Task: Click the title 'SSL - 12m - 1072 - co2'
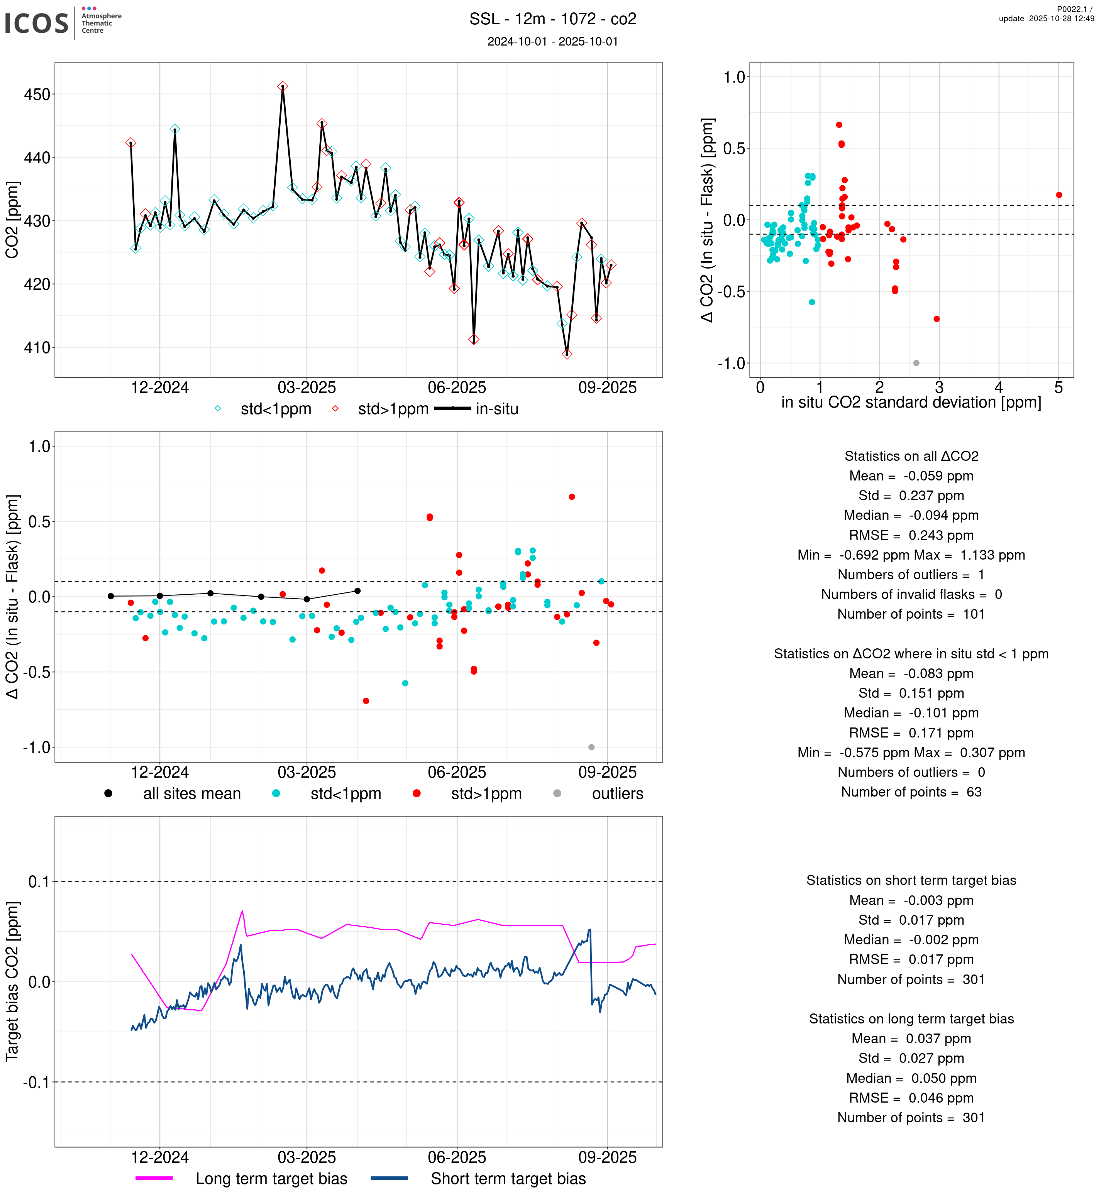point(552,19)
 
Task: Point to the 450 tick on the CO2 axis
point(37,95)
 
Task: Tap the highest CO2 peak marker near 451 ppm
point(283,87)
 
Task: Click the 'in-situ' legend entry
point(497,409)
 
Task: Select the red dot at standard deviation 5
point(1059,195)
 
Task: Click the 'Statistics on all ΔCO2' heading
point(911,457)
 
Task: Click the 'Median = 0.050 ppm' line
point(911,1078)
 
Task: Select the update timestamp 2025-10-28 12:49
point(1046,19)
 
